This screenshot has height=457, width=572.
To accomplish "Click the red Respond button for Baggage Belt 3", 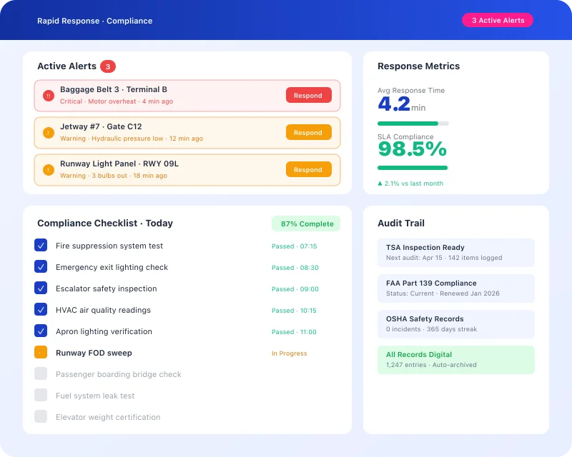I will [308, 95].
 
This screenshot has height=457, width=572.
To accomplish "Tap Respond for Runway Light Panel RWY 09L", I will [308, 169].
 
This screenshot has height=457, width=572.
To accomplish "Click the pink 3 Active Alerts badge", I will [498, 21].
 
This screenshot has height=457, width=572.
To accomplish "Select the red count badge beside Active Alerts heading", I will [108, 66].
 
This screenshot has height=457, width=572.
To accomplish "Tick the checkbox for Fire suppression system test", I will [41, 246].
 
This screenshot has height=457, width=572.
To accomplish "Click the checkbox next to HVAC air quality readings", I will [41, 310].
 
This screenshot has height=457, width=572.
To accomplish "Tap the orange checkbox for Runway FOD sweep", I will [41, 353].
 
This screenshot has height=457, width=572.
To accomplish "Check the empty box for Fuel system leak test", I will [41, 396].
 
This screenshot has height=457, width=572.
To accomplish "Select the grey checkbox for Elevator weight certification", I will [41, 417].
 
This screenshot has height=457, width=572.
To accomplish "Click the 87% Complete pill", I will [307, 224].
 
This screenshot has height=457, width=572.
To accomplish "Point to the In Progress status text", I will [289, 353].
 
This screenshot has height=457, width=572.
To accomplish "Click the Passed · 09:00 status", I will [295, 289].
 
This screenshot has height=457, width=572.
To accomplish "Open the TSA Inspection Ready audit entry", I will [455, 252].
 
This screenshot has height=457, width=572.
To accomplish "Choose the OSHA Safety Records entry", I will [455, 323].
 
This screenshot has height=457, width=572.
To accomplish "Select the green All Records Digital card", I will [455, 359].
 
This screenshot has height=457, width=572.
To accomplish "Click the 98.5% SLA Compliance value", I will [412, 149].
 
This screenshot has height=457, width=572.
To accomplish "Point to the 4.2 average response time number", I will [394, 104].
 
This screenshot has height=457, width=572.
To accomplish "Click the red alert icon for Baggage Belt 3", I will [48, 95].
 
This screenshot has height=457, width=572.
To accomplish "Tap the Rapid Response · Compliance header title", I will [94, 21].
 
